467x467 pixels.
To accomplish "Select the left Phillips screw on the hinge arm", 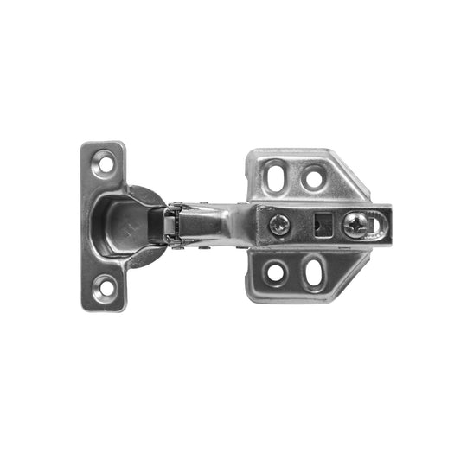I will point(278,225).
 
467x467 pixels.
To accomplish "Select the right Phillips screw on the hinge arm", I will point(355,225).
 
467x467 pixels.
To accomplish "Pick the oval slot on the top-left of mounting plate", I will point(276,177).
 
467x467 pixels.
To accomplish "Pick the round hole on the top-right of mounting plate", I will point(313,178).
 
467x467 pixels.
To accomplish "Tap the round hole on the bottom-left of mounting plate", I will point(276,272).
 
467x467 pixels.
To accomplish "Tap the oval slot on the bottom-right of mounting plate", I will point(314,272).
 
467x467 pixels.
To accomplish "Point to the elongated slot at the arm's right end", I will point(375,225).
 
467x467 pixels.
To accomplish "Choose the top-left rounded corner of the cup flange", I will point(86,147).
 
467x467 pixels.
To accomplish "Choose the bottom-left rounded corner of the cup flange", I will point(86,304).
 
